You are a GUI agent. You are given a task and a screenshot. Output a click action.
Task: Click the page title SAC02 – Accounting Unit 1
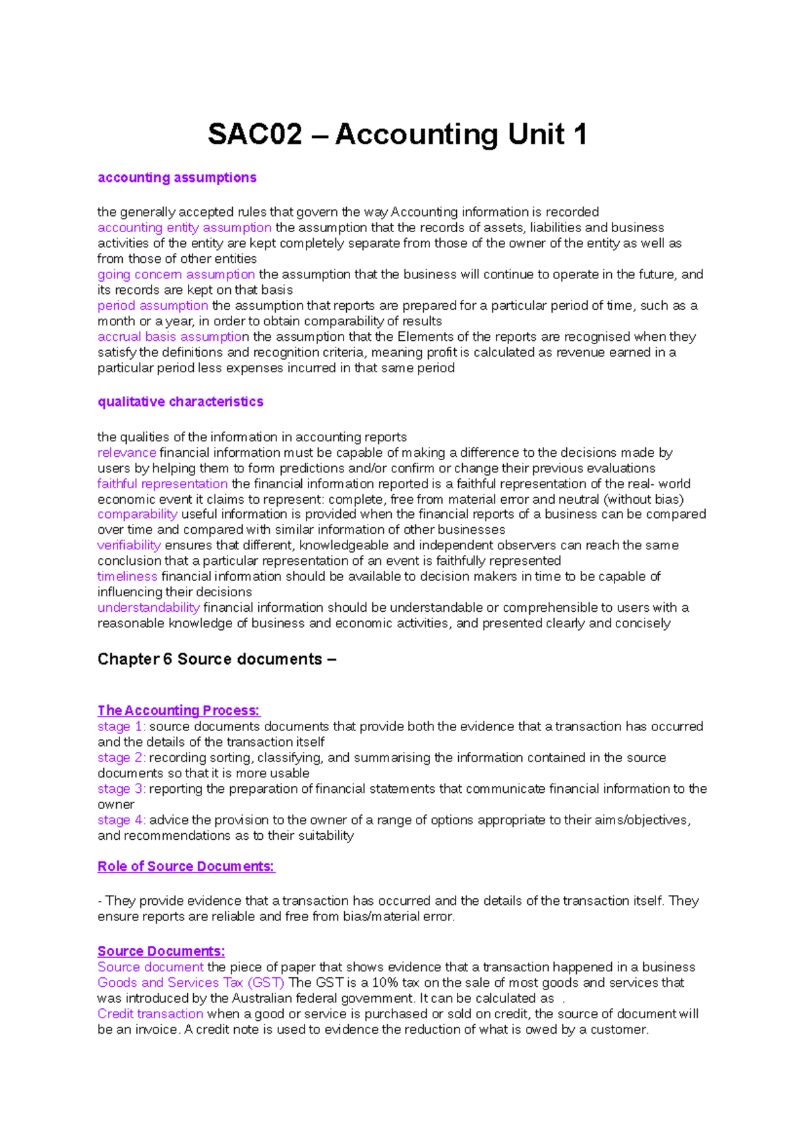(397, 134)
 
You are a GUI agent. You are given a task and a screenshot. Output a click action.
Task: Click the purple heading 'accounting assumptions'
(177, 178)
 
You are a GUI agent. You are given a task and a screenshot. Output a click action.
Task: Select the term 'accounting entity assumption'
(184, 227)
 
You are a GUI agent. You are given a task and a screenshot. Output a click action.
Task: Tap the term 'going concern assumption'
(176, 274)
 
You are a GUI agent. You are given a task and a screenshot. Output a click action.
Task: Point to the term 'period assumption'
(153, 306)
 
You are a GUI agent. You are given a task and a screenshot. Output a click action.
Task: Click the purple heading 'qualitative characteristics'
(180, 402)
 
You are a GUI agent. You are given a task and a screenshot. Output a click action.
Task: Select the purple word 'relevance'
(127, 453)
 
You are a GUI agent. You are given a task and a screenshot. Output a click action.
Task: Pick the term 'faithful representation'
(162, 484)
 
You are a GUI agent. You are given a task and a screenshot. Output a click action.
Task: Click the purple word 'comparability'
(138, 514)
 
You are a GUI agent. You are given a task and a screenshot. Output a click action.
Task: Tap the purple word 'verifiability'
(129, 545)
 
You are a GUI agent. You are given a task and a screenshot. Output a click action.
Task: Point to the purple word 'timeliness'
(127, 576)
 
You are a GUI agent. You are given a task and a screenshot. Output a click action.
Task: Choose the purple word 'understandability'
(148, 608)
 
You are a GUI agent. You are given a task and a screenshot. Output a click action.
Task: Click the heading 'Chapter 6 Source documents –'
(217, 659)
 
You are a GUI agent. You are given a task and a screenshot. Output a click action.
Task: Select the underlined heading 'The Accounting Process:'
(178, 710)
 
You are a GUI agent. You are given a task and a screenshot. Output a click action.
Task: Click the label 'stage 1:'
(121, 726)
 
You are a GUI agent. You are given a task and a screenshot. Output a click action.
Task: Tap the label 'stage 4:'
(121, 820)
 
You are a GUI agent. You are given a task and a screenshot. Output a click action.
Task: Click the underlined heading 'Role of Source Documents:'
(186, 867)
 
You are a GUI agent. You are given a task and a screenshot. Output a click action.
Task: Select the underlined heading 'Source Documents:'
(161, 951)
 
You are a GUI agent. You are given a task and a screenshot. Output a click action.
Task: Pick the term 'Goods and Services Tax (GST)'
(191, 983)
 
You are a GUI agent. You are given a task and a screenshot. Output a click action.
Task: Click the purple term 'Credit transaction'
(150, 1014)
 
